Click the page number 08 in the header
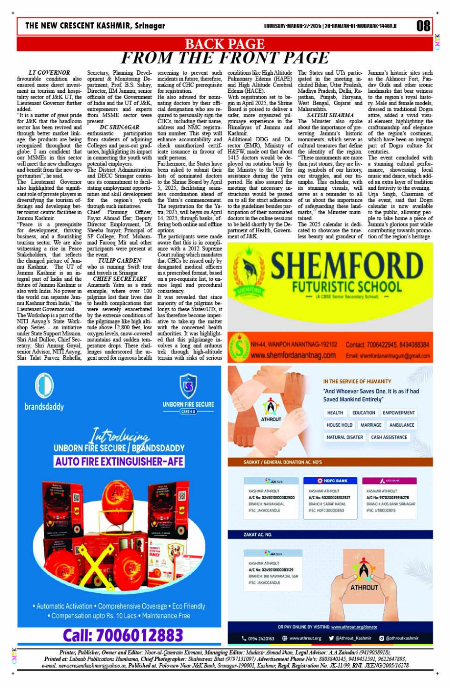423,26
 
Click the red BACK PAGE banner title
224,44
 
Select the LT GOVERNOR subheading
50,73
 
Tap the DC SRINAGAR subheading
120,128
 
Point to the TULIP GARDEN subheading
120,261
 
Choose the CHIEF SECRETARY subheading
120,279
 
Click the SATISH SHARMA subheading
330,115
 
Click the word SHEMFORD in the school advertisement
347,265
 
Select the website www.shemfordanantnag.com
293,355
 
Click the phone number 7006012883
123,635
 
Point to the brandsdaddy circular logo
44,385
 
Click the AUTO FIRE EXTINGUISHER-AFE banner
119,462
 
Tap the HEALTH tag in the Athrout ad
335,413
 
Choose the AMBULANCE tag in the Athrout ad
401,425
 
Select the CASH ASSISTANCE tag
389,437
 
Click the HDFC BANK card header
332,481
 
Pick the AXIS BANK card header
389,481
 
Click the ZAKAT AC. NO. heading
258,535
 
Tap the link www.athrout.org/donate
354,627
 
